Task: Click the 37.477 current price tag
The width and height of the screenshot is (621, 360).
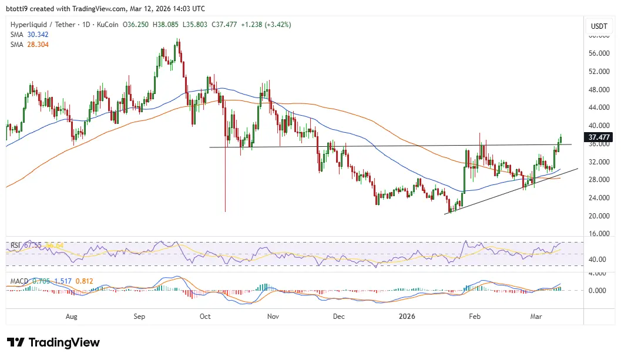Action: pyautogui.click(x=598, y=137)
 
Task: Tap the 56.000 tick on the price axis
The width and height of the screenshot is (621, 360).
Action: pyautogui.click(x=598, y=53)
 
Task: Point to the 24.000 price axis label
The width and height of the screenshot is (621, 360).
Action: pyautogui.click(x=598, y=198)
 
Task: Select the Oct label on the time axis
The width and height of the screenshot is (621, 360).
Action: pyautogui.click(x=205, y=317)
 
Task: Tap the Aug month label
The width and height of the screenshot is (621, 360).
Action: pyautogui.click(x=71, y=317)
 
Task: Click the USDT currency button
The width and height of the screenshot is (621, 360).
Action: pyautogui.click(x=599, y=26)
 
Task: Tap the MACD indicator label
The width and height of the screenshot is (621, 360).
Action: pyautogui.click(x=19, y=281)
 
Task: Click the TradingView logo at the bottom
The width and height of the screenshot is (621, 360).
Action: pyautogui.click(x=53, y=342)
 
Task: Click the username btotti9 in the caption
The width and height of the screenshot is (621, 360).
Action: pyautogui.click(x=20, y=9)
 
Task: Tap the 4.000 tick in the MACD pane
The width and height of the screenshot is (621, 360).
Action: pyautogui.click(x=598, y=274)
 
